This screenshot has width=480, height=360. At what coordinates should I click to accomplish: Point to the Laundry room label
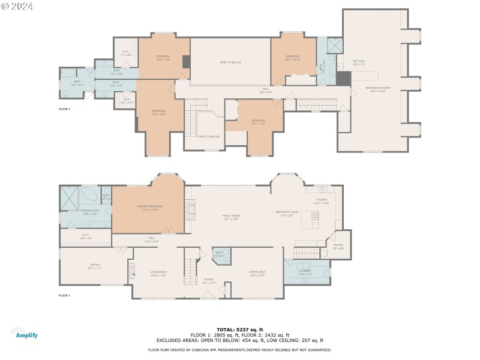tap(306, 271)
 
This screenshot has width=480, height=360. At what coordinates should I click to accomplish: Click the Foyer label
tap(208, 280)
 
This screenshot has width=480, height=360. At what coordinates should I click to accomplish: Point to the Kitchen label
tap(322, 202)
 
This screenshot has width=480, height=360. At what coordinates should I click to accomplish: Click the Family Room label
tap(232, 217)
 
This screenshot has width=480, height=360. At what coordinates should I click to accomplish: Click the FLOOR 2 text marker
tap(64, 109)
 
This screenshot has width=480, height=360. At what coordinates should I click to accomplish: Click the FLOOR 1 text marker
tap(64, 295)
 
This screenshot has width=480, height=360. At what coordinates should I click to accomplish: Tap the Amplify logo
tap(24, 333)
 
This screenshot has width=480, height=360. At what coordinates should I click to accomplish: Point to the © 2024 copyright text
tap(17, 6)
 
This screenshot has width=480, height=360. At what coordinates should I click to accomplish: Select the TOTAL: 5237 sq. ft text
tap(240, 329)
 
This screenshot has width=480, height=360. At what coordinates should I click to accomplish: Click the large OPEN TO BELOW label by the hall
tap(230, 62)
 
